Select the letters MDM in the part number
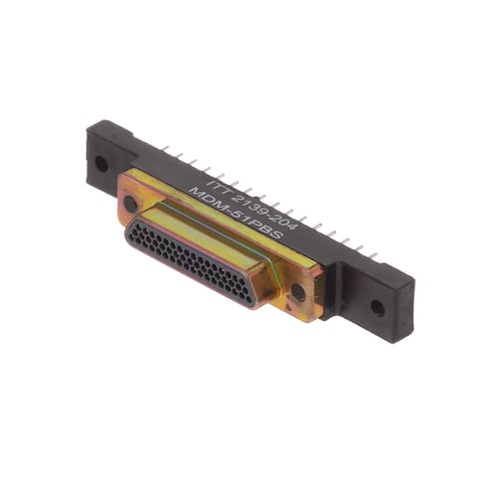click(205, 198)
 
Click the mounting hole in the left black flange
click(101, 164)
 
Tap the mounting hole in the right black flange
click(378, 308)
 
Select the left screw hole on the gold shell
click(130, 204)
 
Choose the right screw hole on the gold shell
click(298, 292)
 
